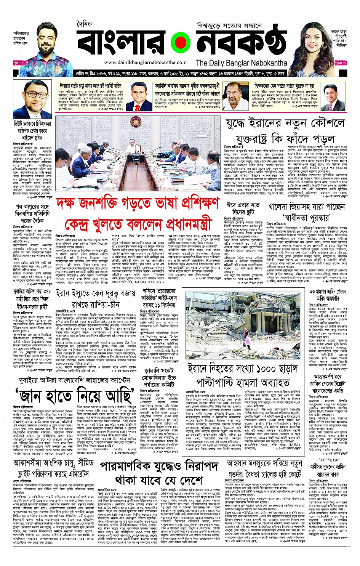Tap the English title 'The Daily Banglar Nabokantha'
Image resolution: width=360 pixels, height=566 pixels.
(x=241, y=63)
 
